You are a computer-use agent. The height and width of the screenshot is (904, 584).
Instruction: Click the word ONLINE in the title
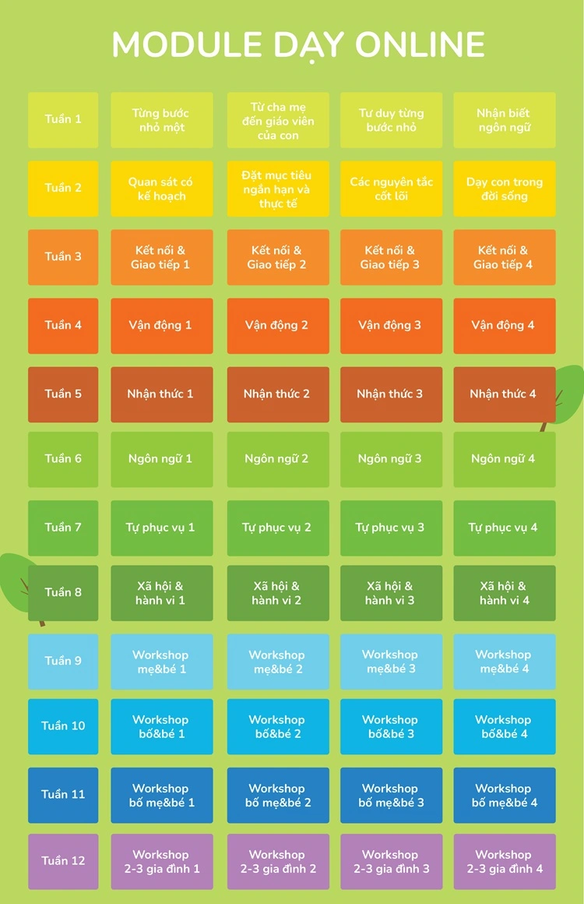point(420,45)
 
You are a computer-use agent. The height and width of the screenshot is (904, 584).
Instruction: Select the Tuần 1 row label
point(63,120)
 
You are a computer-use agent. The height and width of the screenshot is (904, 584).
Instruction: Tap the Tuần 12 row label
point(63,861)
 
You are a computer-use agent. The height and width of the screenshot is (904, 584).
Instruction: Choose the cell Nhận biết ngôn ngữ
point(504,120)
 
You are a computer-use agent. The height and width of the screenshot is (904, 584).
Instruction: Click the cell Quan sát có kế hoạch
point(161,189)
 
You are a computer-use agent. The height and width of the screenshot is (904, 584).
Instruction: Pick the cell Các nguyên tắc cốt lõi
point(391,189)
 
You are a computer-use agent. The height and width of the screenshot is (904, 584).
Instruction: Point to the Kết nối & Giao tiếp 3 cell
point(391,257)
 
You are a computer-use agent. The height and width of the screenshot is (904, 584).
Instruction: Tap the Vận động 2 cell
point(277,326)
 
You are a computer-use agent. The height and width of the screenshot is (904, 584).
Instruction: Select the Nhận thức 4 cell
point(504,394)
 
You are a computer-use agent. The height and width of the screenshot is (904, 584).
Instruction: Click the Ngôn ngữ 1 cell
point(161,459)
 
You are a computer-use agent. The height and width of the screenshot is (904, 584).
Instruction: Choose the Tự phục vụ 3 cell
point(391,528)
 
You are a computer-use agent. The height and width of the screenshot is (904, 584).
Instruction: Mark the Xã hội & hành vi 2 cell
point(277,593)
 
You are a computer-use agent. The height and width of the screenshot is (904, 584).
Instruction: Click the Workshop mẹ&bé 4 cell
point(504,662)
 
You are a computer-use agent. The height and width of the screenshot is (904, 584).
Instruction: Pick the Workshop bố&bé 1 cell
point(161,726)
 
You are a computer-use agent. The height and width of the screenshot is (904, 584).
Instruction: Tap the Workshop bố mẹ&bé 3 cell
point(391,795)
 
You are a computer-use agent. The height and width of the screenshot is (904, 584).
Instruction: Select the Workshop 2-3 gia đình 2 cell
point(277,861)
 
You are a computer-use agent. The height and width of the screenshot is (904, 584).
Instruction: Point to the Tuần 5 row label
point(63,394)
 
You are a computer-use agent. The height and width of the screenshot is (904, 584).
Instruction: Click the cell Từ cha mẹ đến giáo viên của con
point(277,120)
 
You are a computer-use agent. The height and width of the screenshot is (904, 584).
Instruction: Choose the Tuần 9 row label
point(63,662)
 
